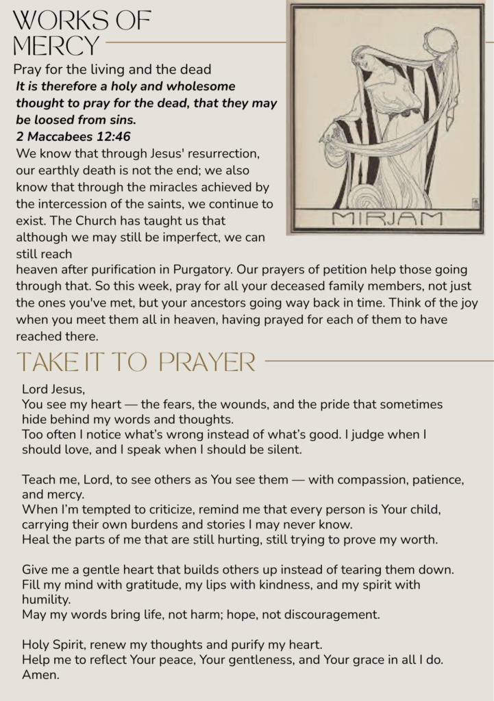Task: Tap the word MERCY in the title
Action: click(x=56, y=46)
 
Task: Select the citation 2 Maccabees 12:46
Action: click(x=73, y=136)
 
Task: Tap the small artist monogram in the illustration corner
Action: click(x=475, y=202)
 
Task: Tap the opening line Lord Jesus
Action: click(x=53, y=390)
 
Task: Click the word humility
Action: click(x=46, y=600)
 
